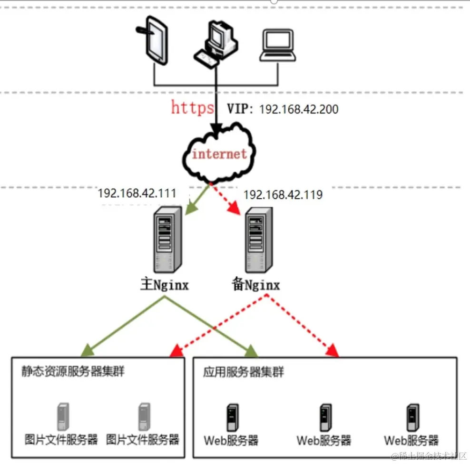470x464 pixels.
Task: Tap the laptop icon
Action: click(x=278, y=45)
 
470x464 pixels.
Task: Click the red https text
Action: click(x=193, y=108)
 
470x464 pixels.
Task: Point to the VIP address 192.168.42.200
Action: click(x=298, y=109)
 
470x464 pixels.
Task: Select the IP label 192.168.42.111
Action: click(x=137, y=193)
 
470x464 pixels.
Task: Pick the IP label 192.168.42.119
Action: click(x=283, y=195)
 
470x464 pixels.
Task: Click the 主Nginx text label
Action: click(x=164, y=285)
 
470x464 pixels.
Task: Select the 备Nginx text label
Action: click(x=255, y=285)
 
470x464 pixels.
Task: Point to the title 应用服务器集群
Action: click(x=243, y=372)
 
